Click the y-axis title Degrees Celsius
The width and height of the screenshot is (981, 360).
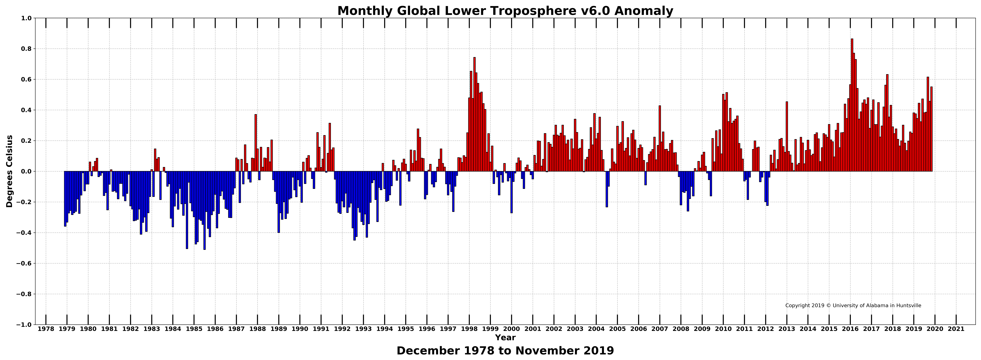pyautogui.click(x=10, y=171)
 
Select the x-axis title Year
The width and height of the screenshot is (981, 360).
pyautogui.click(x=505, y=338)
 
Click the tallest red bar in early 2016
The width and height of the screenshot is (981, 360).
pyautogui.click(x=852, y=105)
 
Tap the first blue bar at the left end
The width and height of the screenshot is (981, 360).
pyautogui.click(x=65, y=199)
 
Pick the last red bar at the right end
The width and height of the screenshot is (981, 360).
pyautogui.click(x=931, y=129)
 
